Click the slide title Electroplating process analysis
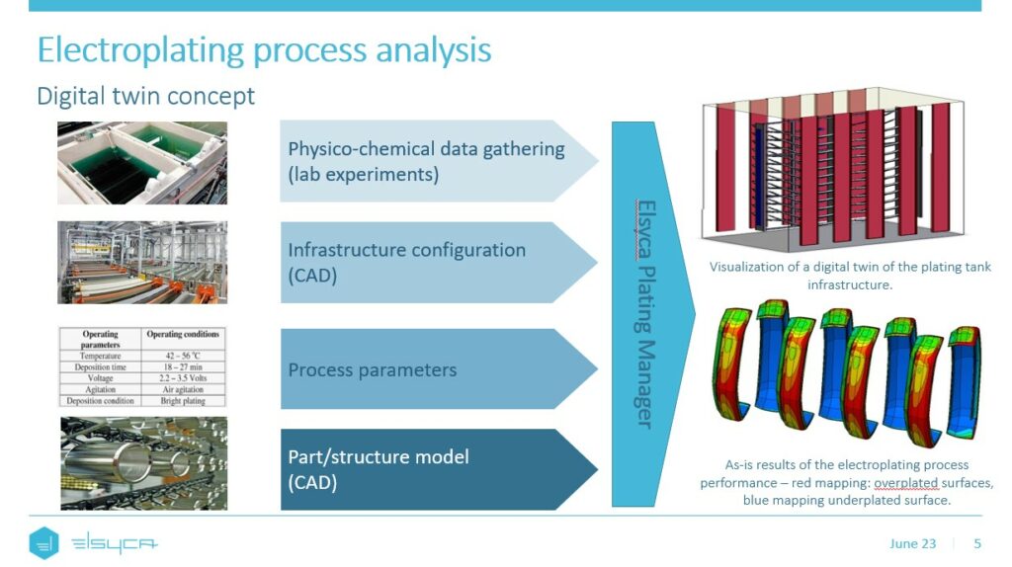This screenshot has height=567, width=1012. pos(264,50)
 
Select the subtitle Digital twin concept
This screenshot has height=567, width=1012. pos(145,96)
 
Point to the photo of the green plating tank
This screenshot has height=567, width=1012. pos(142,163)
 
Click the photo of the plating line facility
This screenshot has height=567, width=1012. pos(142,262)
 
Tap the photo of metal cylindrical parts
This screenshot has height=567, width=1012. pos(142,463)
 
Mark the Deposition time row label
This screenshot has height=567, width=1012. pos(101,366)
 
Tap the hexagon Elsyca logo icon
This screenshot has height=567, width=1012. pos(44,543)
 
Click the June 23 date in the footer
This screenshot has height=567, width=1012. pos(912,543)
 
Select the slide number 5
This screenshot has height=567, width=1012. pos(977,543)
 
